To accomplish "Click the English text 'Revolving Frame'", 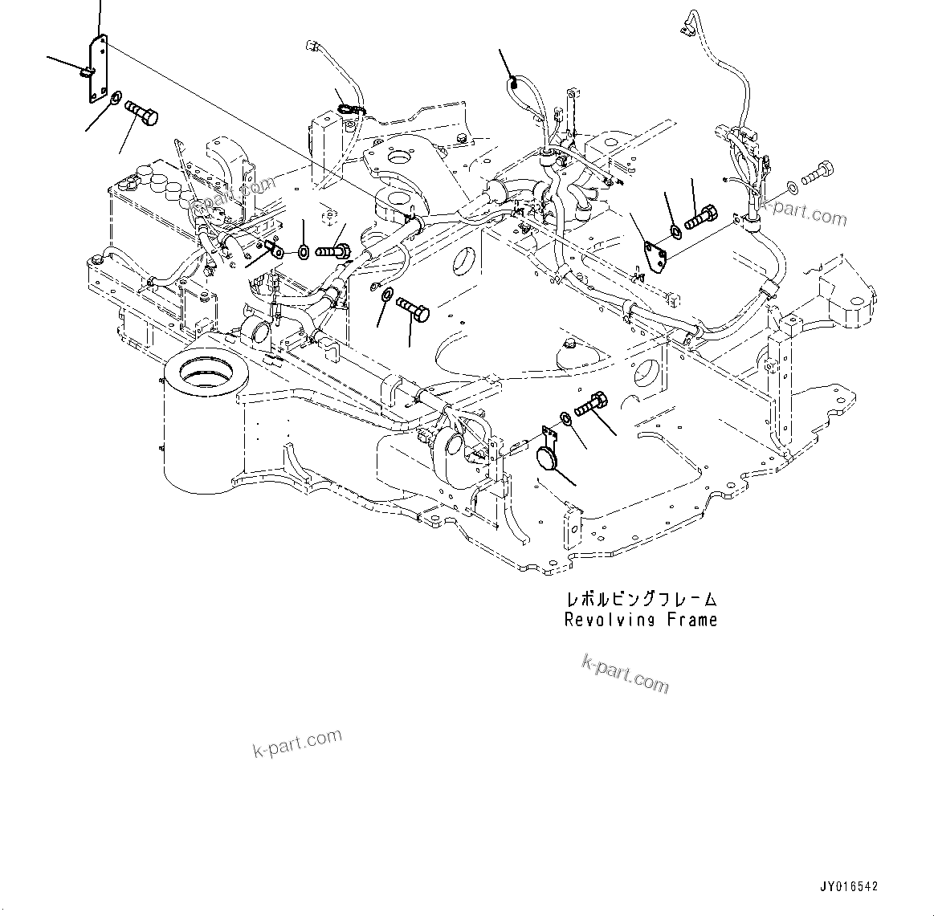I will pos(640,620).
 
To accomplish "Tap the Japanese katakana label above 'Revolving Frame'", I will pos(640,599).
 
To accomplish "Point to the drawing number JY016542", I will pos(848,886).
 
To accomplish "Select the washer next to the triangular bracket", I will pos(676,232).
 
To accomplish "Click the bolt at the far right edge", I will pos(817,171).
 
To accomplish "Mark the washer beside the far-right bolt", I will pos(792,186).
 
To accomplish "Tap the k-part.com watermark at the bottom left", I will pos(297,743).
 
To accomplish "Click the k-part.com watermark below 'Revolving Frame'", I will pos(625,673).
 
